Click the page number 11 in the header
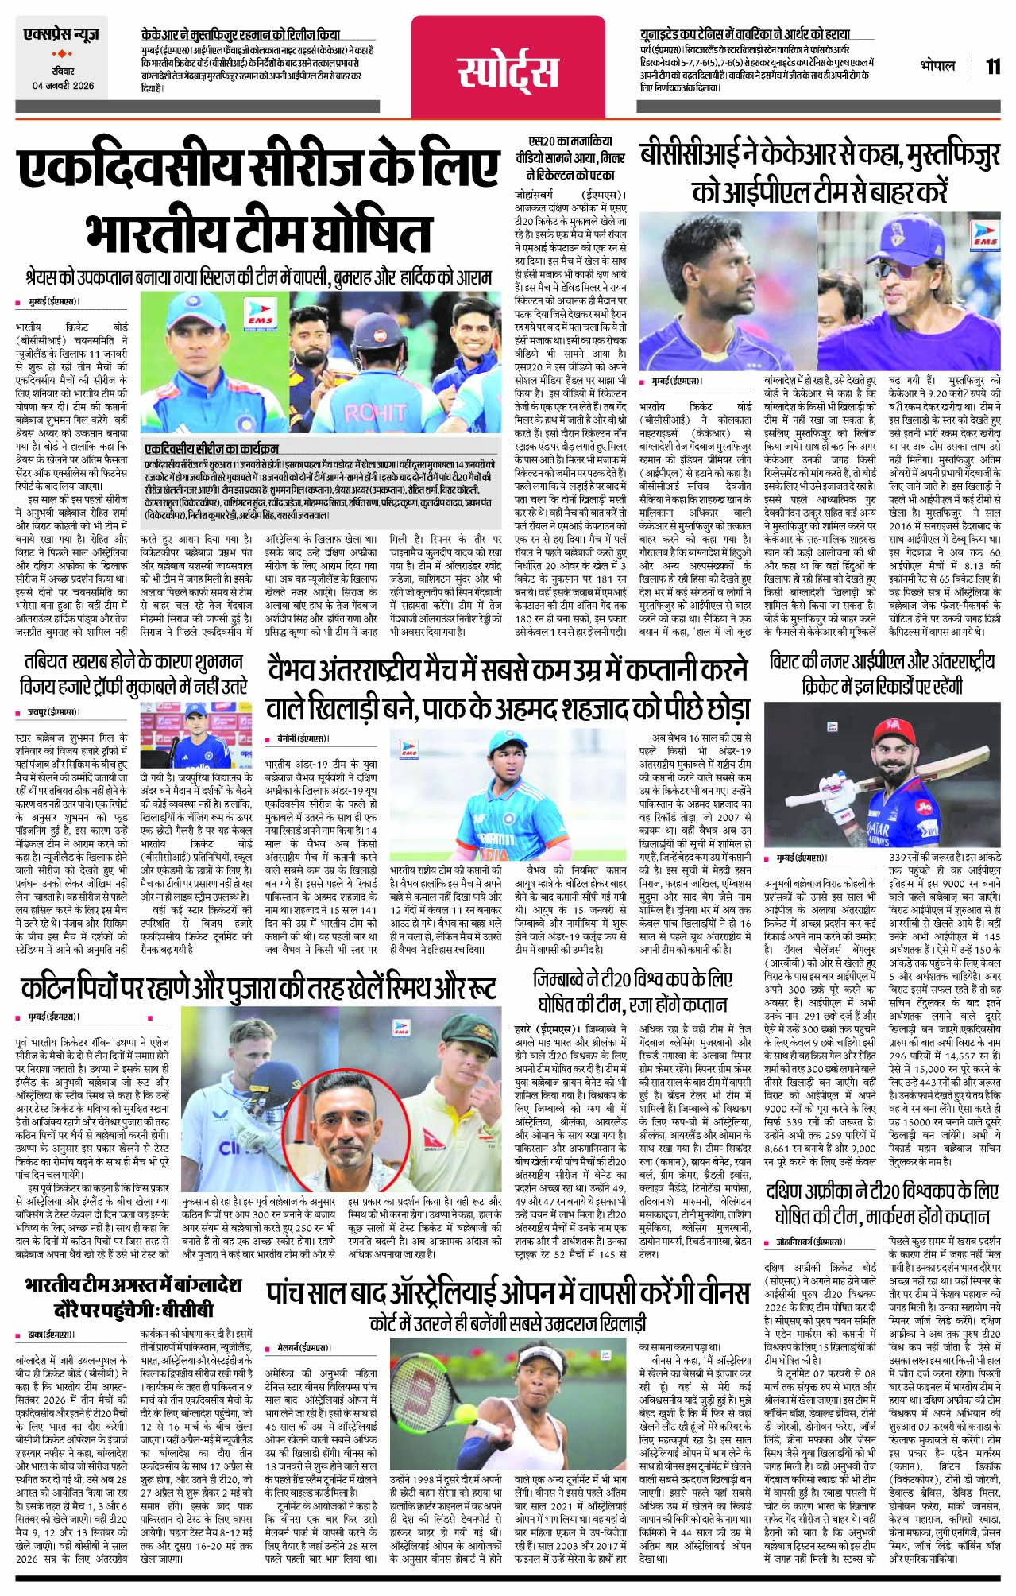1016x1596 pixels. pyautogui.click(x=993, y=65)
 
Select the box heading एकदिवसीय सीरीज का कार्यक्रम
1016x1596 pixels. pyautogui.click(x=212, y=448)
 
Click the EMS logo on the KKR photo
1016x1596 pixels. pyautogui.click(x=983, y=236)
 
